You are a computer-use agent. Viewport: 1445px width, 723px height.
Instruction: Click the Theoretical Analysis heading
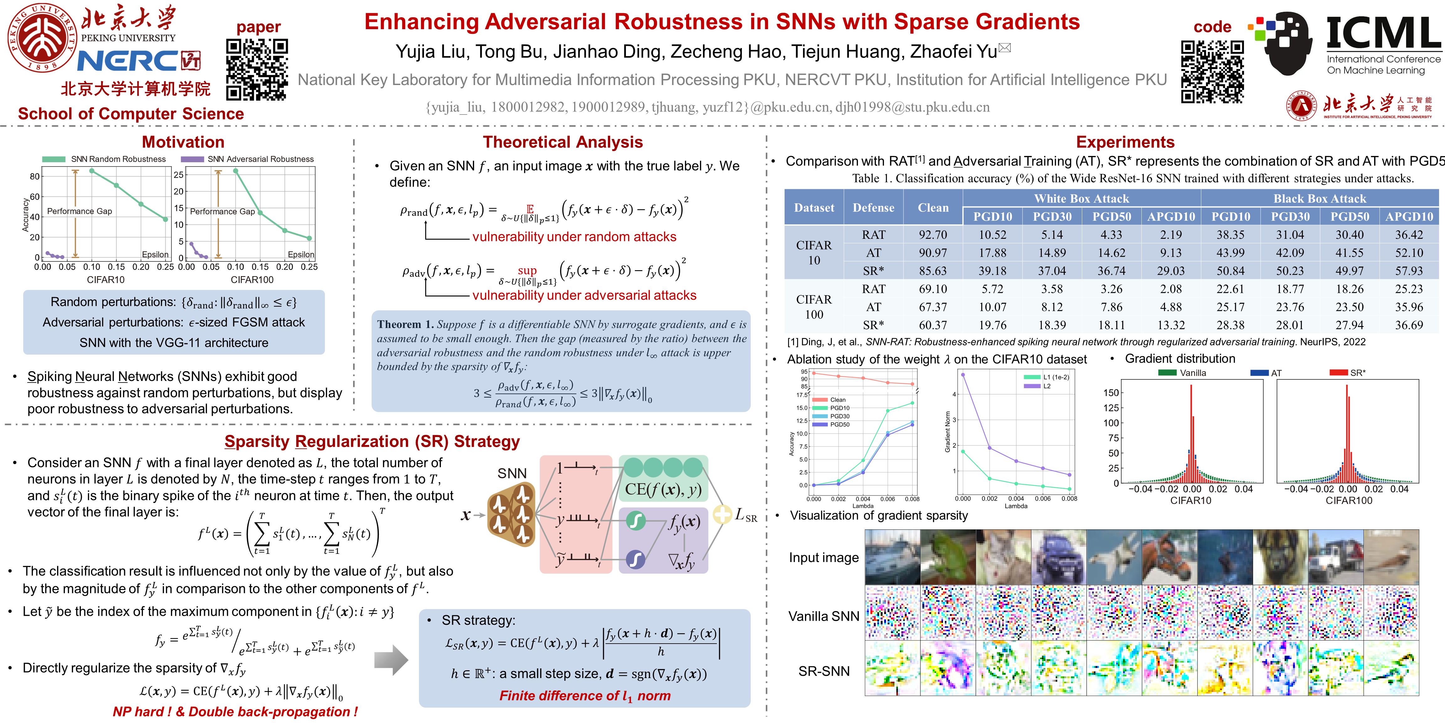coord(563,142)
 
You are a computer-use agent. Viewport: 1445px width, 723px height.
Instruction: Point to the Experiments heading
coord(1125,142)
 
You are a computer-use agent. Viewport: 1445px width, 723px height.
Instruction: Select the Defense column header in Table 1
coord(873,208)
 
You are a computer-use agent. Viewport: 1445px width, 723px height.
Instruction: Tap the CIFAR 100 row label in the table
coord(814,307)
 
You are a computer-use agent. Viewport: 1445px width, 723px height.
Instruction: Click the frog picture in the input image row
coord(947,557)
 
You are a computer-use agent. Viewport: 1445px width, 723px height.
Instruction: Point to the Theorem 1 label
coord(405,324)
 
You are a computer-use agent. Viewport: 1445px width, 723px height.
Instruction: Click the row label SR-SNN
coord(823,671)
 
